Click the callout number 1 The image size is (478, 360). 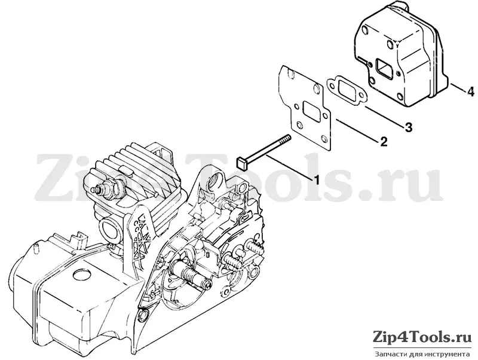coord(317,179)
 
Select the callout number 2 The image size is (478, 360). coord(384,141)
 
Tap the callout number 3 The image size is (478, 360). coord(409,127)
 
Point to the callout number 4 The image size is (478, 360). coord(470,91)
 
